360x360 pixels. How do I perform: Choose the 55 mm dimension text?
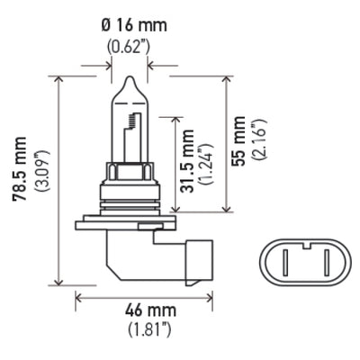[x=238, y=133]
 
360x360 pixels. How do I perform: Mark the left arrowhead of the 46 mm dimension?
[x=78, y=294]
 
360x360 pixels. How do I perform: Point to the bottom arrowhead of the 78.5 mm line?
[x=60, y=280]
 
